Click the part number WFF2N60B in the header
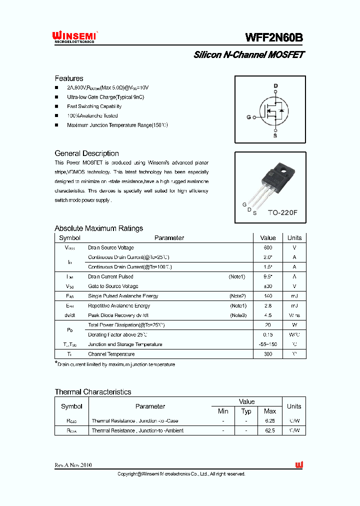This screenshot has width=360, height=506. (274, 38)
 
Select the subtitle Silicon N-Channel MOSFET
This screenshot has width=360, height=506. (248, 55)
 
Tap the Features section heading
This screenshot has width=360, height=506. (69, 78)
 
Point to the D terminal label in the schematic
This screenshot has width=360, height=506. (275, 86)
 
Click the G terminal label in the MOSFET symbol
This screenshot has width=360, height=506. (248, 118)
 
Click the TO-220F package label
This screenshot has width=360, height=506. (282, 212)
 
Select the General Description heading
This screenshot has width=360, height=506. (86, 153)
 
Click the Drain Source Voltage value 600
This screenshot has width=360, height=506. (268, 247)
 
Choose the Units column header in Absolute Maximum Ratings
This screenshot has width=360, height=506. (294, 238)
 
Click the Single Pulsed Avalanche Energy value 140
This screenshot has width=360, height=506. (268, 296)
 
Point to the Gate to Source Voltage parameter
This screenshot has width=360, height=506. (113, 286)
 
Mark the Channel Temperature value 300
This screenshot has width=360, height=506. (268, 354)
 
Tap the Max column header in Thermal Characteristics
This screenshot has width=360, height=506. (269, 411)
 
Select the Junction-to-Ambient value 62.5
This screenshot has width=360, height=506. (269, 430)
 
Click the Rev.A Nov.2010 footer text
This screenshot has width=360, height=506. (73, 465)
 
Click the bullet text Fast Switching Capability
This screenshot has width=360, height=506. (94, 106)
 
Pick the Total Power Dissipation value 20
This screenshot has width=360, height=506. (268, 325)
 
